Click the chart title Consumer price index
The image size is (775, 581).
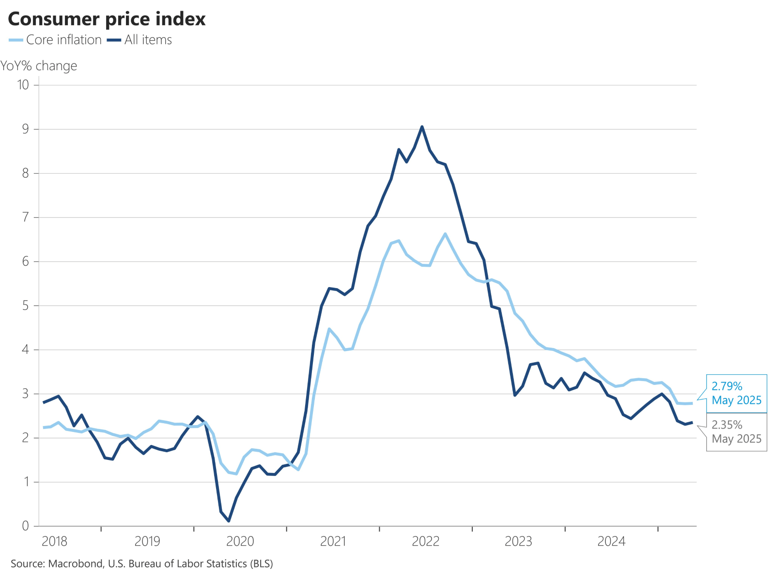point(107,19)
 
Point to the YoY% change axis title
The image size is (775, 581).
point(39,66)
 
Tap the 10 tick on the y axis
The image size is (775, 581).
point(23,85)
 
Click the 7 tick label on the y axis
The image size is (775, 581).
point(25,217)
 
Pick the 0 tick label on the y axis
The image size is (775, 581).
point(25,526)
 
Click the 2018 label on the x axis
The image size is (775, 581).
point(54,541)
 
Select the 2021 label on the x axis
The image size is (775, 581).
point(333,541)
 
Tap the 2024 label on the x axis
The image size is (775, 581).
point(611,541)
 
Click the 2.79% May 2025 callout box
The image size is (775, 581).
point(736,393)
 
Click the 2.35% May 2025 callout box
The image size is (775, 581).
point(736,432)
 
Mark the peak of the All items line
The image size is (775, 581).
point(422,127)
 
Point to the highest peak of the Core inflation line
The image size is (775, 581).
point(445,234)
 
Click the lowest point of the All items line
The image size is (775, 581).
point(229,521)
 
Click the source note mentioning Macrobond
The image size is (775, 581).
point(142,564)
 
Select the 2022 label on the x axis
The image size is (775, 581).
point(425,541)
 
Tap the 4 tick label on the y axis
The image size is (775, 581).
point(25,350)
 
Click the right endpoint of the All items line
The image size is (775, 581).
point(692,423)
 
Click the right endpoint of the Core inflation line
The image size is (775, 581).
point(692,403)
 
